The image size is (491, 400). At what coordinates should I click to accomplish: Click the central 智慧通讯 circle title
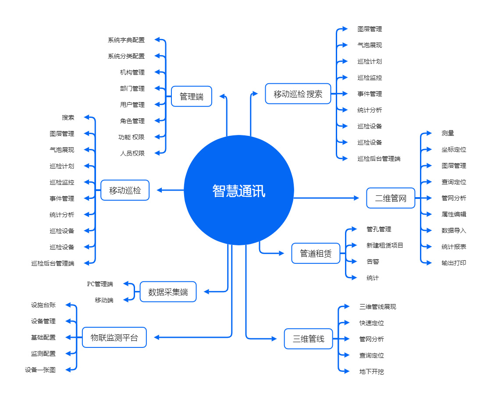tap(239, 191)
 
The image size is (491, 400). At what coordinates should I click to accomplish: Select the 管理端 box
tap(192, 96)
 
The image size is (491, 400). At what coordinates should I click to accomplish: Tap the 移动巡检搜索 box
tap(298, 94)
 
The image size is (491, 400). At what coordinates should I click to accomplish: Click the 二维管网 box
tap(391, 198)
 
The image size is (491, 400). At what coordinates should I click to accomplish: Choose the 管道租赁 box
tap(316, 253)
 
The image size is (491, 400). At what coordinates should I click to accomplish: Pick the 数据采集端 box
tap(168, 292)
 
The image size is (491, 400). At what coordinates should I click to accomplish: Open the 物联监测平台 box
tap(114, 337)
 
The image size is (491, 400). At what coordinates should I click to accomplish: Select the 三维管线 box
tap(309, 339)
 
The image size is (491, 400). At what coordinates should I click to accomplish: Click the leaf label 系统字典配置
tap(126, 40)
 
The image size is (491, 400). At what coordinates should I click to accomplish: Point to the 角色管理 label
tap(132, 121)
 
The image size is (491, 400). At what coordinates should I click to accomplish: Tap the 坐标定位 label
tap(454, 149)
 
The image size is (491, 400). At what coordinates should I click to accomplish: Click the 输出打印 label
tap(454, 263)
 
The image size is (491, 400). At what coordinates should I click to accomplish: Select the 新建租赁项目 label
tap(385, 245)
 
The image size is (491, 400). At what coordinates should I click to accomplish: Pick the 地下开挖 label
tap(372, 372)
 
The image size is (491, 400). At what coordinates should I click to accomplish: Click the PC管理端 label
tap(100, 284)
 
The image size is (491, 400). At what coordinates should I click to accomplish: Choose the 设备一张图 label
tap(40, 370)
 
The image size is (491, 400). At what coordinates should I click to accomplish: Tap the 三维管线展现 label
tap(377, 307)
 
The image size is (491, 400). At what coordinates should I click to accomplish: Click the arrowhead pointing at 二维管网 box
tap(356, 198)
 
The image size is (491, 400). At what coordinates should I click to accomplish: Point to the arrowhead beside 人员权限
tap(157, 153)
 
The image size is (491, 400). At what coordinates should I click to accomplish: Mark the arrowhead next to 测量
tap(429, 133)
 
